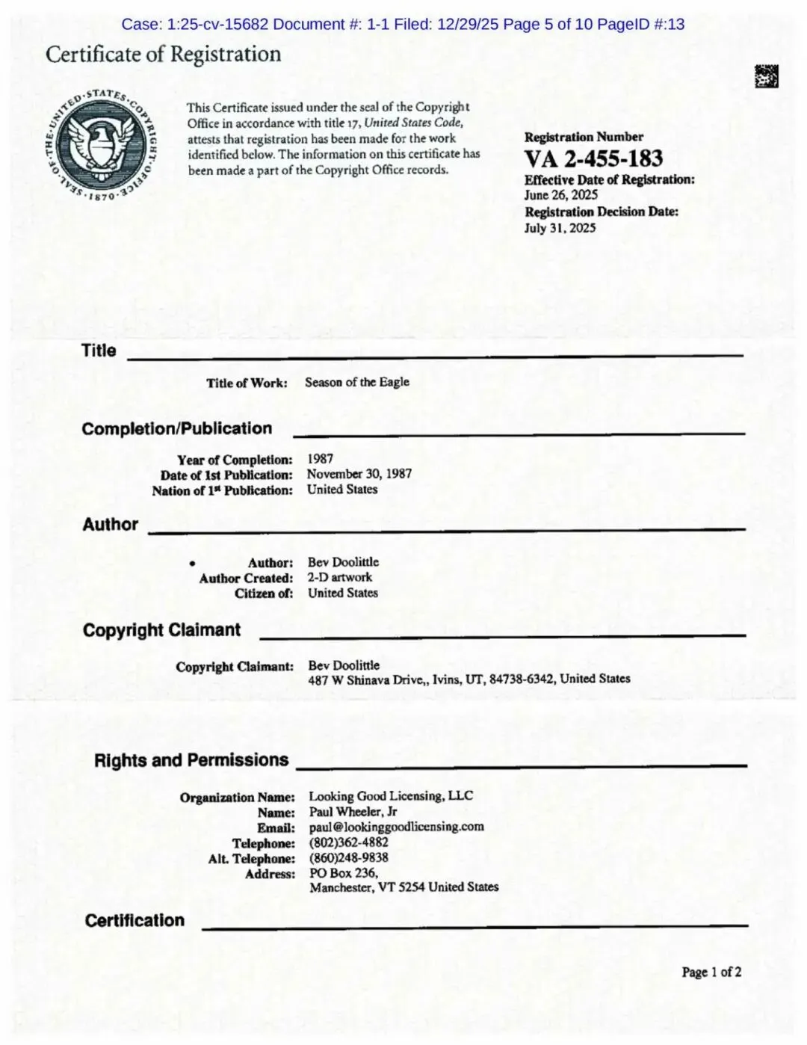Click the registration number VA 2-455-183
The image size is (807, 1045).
[593, 158]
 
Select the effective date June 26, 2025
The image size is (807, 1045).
[561, 195]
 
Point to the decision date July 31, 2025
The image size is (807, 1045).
[560, 228]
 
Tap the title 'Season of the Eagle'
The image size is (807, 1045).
[356, 382]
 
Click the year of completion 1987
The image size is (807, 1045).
[320, 459]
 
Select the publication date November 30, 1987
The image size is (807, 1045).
[359, 474]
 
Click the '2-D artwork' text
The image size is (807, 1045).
[339, 577]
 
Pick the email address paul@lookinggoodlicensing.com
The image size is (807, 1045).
[396, 827]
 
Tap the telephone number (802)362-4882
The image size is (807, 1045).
[348, 842]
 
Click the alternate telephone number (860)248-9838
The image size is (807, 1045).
[348, 857]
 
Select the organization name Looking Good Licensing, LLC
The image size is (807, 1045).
[391, 796]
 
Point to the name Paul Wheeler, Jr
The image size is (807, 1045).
[353, 812]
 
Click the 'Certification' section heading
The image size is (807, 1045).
[134, 920]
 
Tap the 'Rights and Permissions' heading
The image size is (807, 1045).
[191, 760]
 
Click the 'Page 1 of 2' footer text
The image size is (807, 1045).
[711, 972]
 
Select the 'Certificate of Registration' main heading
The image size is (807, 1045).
[163, 55]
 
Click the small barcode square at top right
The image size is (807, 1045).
[766, 76]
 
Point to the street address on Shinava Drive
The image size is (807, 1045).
[469, 679]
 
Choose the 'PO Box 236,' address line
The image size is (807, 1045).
[344, 872]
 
